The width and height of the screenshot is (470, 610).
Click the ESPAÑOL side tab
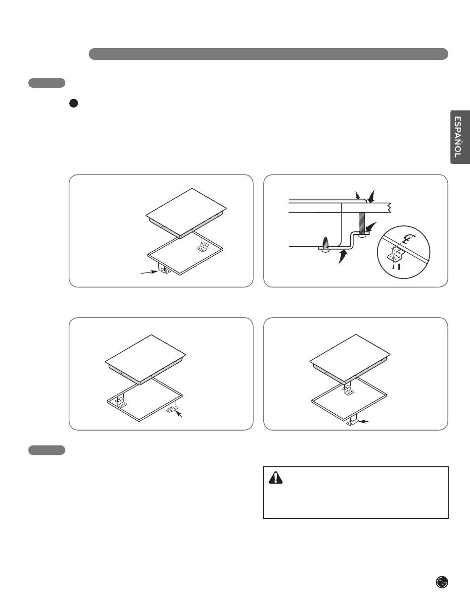coord(461,137)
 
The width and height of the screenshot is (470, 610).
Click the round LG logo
coord(442,582)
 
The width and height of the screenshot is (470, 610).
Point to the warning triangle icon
coord(276,477)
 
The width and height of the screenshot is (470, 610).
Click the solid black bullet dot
coord(73,103)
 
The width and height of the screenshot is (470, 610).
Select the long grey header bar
coord(268,54)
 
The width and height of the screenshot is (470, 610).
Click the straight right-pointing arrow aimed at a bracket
coord(149,272)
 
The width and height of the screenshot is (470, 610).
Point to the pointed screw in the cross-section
coord(325,242)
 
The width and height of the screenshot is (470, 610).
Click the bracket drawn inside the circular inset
coord(395,254)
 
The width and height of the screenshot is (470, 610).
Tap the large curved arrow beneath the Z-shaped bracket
coord(343,257)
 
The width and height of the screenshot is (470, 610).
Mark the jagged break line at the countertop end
coord(389,208)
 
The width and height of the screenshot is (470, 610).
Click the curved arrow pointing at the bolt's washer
coord(372,226)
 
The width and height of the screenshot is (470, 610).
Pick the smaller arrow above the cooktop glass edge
coord(358,195)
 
